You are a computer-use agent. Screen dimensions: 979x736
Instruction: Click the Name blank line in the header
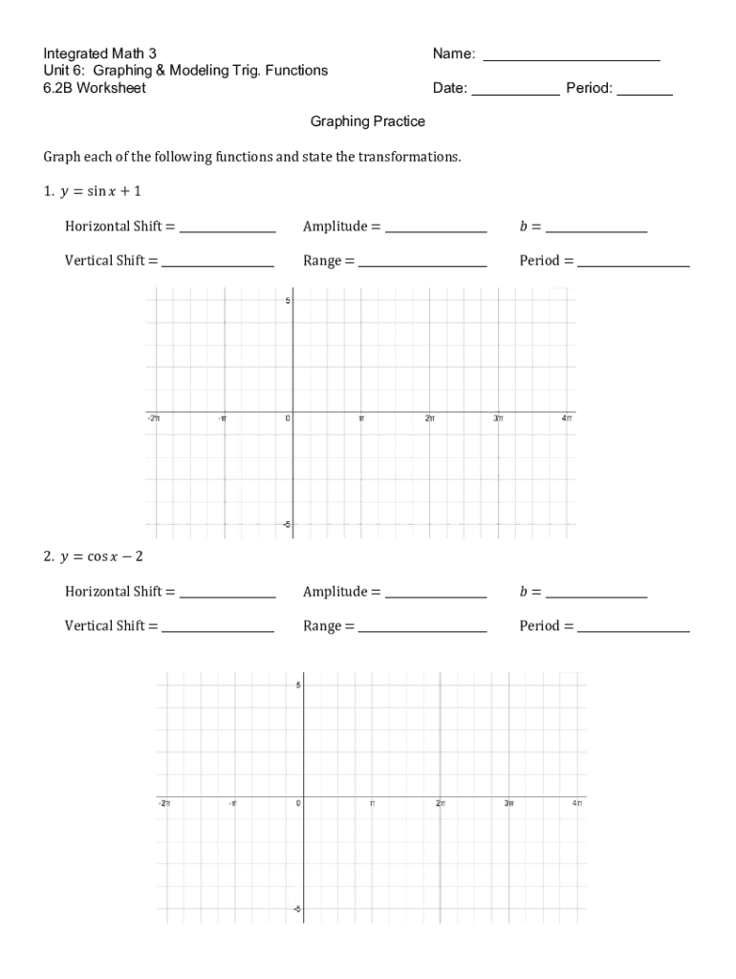(x=572, y=59)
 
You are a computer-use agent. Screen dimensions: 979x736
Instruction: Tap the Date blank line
(x=515, y=94)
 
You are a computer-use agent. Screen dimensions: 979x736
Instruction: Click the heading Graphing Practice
(x=368, y=122)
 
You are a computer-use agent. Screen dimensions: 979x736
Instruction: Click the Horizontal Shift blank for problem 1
(x=227, y=230)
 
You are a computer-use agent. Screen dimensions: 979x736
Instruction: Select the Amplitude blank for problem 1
(x=435, y=230)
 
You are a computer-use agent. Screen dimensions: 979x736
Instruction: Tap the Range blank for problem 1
(x=422, y=265)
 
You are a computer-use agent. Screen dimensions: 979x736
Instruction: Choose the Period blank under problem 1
(x=633, y=265)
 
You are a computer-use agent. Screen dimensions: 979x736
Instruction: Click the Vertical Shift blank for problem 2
(x=217, y=630)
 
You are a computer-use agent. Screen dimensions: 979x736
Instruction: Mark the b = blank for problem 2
(x=595, y=596)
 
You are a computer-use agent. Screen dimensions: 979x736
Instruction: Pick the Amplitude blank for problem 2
(x=435, y=596)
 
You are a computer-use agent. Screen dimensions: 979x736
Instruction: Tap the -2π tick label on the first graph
(x=154, y=419)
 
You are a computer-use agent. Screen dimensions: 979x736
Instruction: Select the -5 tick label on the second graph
(x=295, y=908)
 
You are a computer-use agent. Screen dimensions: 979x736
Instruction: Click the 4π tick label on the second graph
(x=577, y=804)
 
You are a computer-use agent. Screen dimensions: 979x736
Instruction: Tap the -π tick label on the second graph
(x=232, y=804)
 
